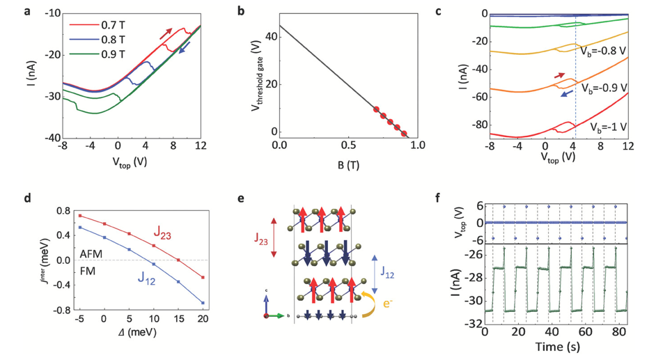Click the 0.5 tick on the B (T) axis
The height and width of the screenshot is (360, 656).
[x=347, y=145]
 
